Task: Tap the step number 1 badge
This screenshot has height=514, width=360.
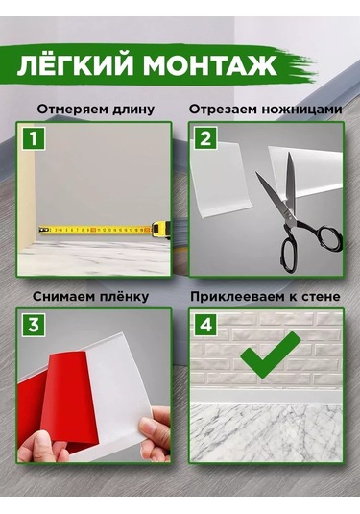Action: click(x=35, y=139)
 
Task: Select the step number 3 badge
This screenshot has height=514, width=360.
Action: click(x=36, y=324)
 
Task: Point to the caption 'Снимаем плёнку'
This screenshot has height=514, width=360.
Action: click(x=92, y=293)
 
